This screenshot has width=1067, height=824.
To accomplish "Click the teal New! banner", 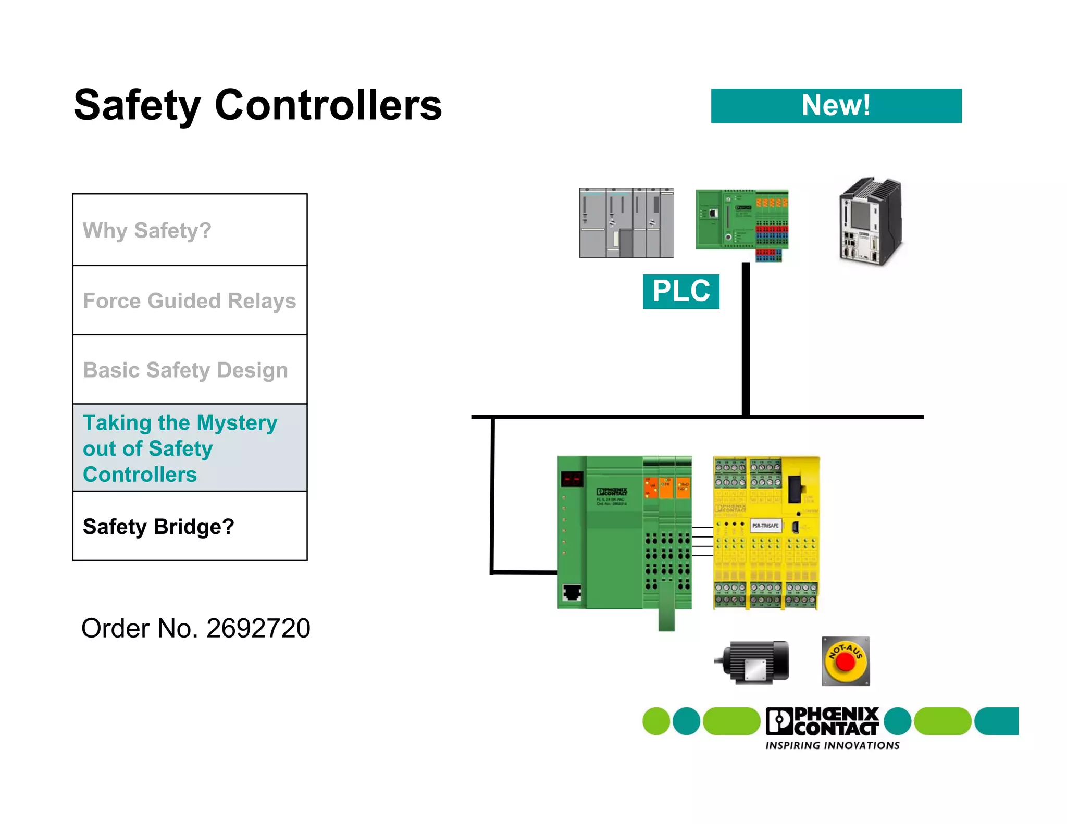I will tap(836, 106).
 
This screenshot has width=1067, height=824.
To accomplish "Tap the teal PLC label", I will tap(680, 291).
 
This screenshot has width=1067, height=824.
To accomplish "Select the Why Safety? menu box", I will tap(190, 230).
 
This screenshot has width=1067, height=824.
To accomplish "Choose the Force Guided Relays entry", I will tap(190, 301).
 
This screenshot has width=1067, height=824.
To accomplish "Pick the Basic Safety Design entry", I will tap(190, 370).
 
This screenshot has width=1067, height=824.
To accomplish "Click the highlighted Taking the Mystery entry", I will tap(190, 448).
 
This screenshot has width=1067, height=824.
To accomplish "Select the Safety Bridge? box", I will tap(190, 526).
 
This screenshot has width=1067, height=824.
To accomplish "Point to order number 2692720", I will tap(196, 628).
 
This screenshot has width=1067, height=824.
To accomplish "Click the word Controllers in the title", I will tap(328, 106).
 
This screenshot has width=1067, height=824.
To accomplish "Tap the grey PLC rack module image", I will tap(626, 223).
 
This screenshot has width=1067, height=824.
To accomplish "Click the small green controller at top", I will tap(741, 221).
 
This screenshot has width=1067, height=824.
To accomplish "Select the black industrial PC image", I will tap(870, 221).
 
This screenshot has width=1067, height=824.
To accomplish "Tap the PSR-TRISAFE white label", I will tap(765, 526).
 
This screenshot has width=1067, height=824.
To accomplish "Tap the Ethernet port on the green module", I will tap(572, 593).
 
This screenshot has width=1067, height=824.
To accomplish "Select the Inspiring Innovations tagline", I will tap(832, 745).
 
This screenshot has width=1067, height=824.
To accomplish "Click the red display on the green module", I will tap(572, 479).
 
